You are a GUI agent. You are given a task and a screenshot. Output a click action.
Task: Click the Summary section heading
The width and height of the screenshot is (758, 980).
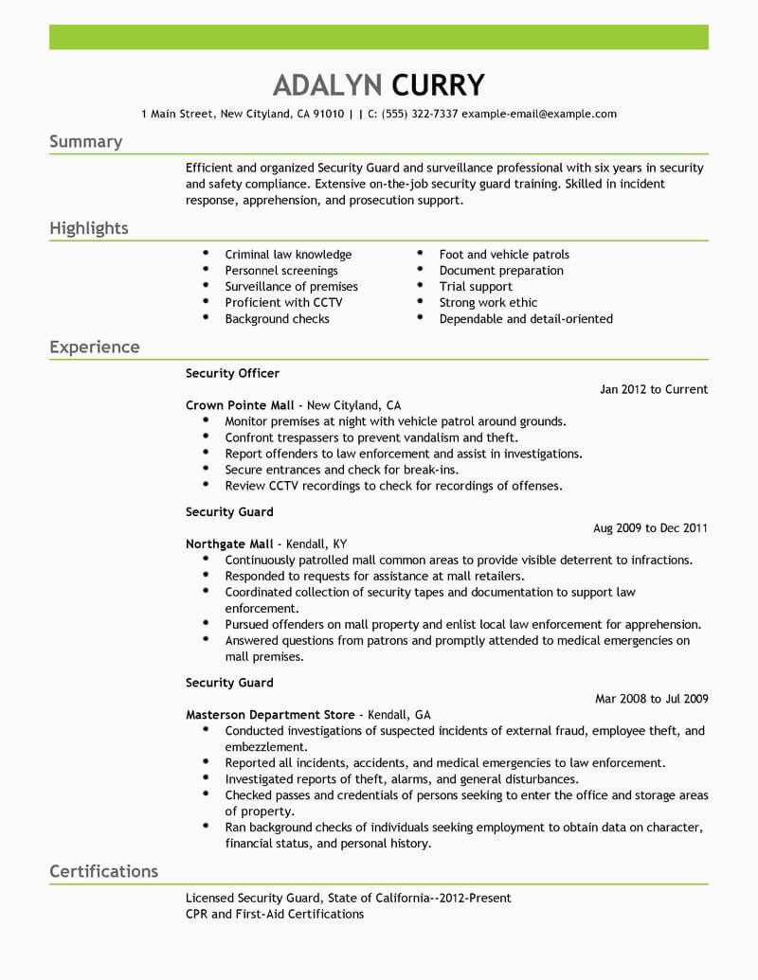click(x=85, y=142)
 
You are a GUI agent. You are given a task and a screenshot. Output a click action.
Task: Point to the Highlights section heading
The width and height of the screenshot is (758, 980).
click(x=88, y=228)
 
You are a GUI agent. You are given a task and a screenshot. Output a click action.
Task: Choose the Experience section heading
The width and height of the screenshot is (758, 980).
click(x=94, y=347)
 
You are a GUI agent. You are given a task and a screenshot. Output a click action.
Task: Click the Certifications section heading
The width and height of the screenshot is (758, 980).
click(x=103, y=870)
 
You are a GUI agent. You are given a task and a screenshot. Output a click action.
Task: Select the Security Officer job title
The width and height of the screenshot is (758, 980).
click(x=232, y=373)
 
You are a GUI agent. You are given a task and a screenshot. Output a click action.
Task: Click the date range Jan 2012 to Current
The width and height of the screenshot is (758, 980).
click(x=654, y=389)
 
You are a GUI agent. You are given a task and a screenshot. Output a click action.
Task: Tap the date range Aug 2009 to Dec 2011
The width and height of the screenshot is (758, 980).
click(x=650, y=527)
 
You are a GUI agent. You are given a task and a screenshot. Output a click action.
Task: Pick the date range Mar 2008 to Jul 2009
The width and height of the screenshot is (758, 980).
click(x=651, y=699)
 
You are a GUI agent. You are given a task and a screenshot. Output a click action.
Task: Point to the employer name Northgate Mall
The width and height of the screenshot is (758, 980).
click(x=229, y=543)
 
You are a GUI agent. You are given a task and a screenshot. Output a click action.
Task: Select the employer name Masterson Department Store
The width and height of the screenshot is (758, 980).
click(x=270, y=715)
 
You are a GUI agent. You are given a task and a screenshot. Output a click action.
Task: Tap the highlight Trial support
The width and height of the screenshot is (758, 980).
click(x=476, y=287)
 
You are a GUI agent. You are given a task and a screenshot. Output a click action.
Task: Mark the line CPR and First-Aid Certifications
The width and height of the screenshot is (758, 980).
click(x=274, y=914)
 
